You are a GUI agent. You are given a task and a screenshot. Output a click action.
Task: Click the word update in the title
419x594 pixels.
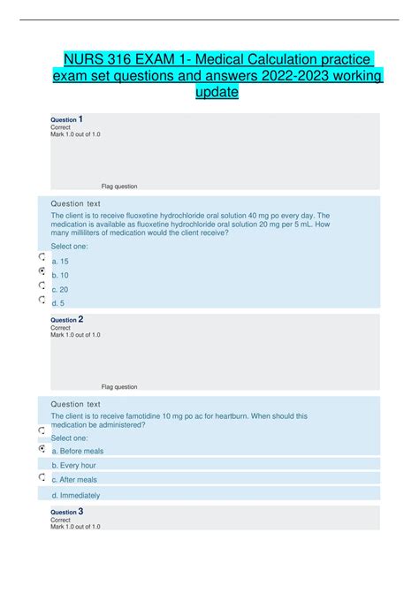(x=217, y=92)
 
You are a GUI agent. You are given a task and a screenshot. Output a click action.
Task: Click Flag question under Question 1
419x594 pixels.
(x=119, y=187)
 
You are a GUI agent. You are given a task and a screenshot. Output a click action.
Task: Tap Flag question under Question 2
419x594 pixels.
(x=119, y=386)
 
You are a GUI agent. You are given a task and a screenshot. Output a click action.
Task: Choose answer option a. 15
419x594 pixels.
(x=61, y=261)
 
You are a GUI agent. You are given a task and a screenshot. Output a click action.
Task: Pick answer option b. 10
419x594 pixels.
(x=61, y=275)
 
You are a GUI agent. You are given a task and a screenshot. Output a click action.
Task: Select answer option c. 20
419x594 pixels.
(x=61, y=289)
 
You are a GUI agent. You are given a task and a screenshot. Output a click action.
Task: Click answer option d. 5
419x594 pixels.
(x=59, y=303)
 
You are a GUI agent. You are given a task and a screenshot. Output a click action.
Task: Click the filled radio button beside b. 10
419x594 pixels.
(x=42, y=271)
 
